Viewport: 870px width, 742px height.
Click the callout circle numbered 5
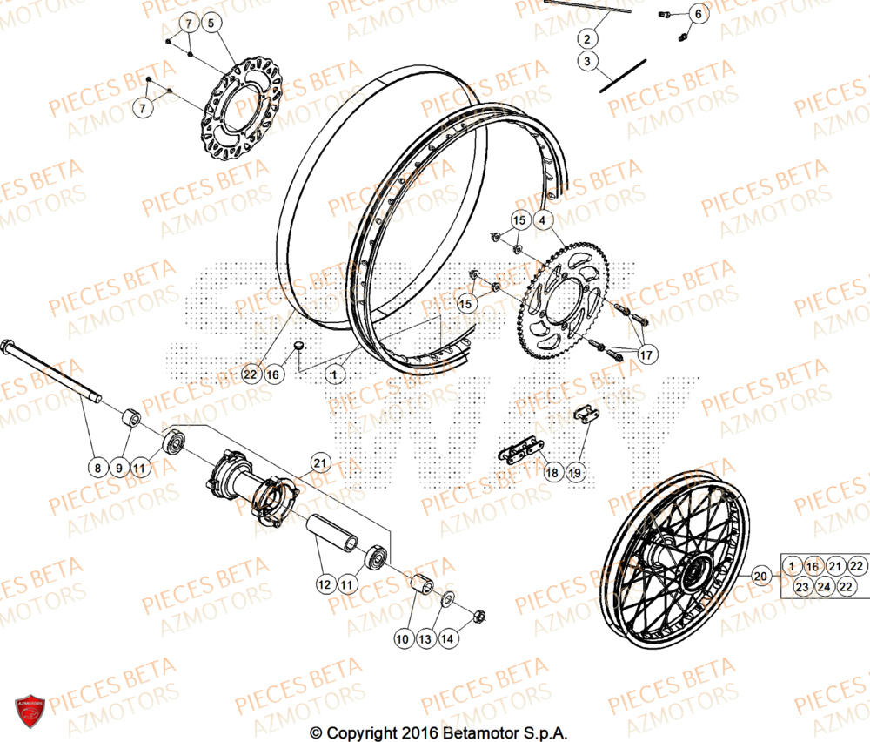click(x=213, y=24)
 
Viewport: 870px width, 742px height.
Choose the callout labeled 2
click(x=587, y=38)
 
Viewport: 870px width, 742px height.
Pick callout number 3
click(x=587, y=62)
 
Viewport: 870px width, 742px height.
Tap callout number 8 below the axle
click(x=97, y=468)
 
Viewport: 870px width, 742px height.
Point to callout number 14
click(x=447, y=639)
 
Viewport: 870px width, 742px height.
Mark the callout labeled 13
click(x=425, y=639)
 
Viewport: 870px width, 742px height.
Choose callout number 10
click(x=402, y=639)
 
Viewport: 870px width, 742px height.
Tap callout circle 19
click(x=575, y=472)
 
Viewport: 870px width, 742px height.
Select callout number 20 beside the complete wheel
click(x=760, y=576)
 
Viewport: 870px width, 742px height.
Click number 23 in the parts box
click(x=801, y=587)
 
